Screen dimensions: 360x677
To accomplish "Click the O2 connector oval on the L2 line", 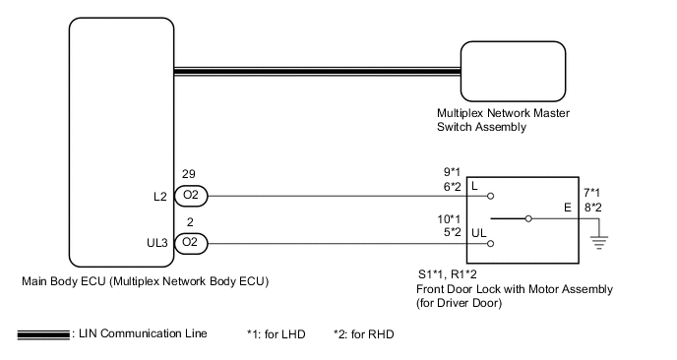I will pyautogui.click(x=190, y=195).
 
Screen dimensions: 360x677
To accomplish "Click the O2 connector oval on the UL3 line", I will pyautogui.click(x=190, y=242).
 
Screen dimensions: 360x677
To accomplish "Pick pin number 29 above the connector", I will pyautogui.click(x=188, y=175).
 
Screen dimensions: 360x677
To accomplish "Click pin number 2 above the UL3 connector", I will pyautogui.click(x=188, y=223).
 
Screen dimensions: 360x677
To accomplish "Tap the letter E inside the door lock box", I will pyautogui.click(x=566, y=209).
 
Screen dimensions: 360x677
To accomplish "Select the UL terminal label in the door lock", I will pyautogui.click(x=479, y=233).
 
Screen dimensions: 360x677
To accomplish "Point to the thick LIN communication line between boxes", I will pyautogui.click(x=315, y=70).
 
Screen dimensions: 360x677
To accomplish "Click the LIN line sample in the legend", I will pyautogui.click(x=42, y=335).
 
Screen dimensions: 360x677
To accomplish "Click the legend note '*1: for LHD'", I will pyautogui.click(x=277, y=334).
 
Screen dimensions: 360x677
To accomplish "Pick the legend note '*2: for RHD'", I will pyautogui.click(x=363, y=334).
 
